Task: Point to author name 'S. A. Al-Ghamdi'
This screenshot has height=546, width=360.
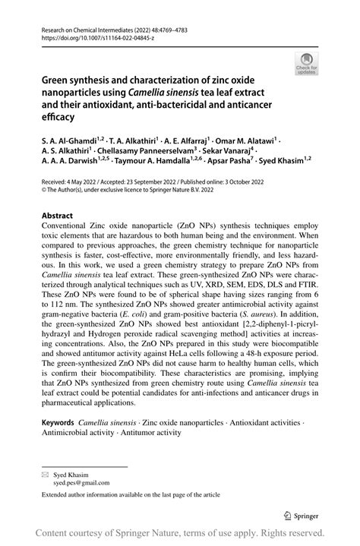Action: pyautogui.click(x=71, y=140)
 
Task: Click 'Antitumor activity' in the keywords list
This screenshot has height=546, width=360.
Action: pyautogui.click(x=150, y=432)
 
